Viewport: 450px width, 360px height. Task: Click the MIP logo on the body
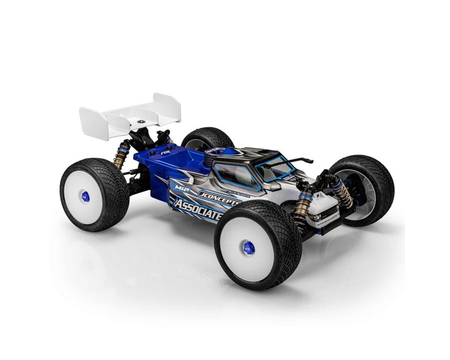(181, 186)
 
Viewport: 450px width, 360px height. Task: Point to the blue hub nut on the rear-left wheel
(85, 196)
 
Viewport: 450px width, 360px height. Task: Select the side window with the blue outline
(236, 176)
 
